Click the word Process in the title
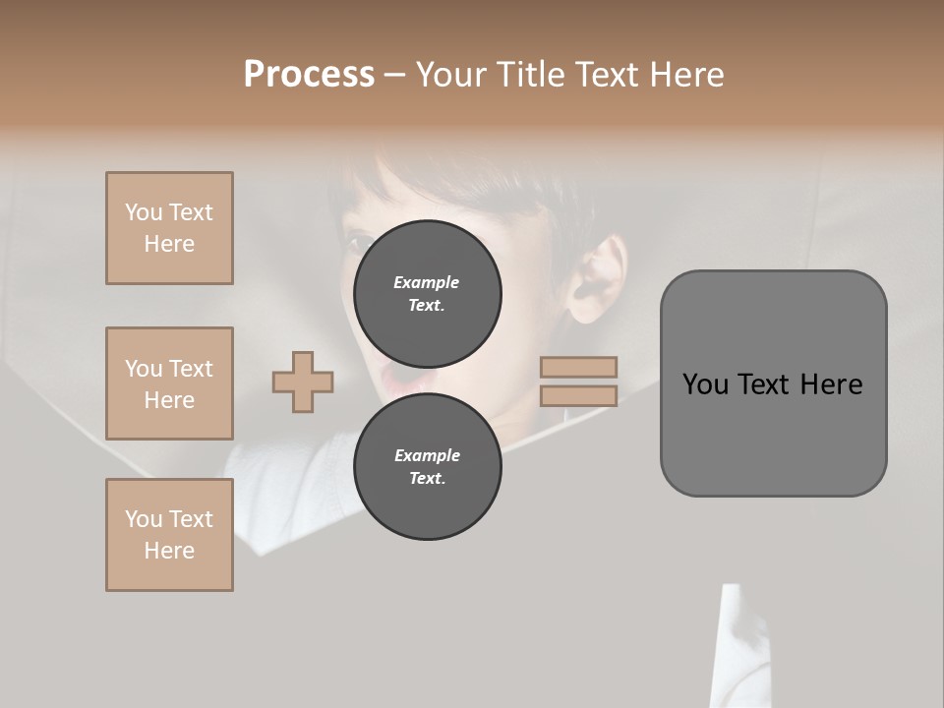tap(309, 75)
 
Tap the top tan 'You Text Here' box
tap(169, 228)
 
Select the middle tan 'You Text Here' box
tap(169, 383)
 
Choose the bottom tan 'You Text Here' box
tap(169, 535)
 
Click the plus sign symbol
tap(303, 382)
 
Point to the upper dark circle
tap(427, 293)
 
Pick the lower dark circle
tap(427, 466)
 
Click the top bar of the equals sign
tap(578, 367)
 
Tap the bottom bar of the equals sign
tap(578, 395)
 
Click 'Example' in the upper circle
tap(427, 282)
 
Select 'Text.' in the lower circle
tap(427, 478)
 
